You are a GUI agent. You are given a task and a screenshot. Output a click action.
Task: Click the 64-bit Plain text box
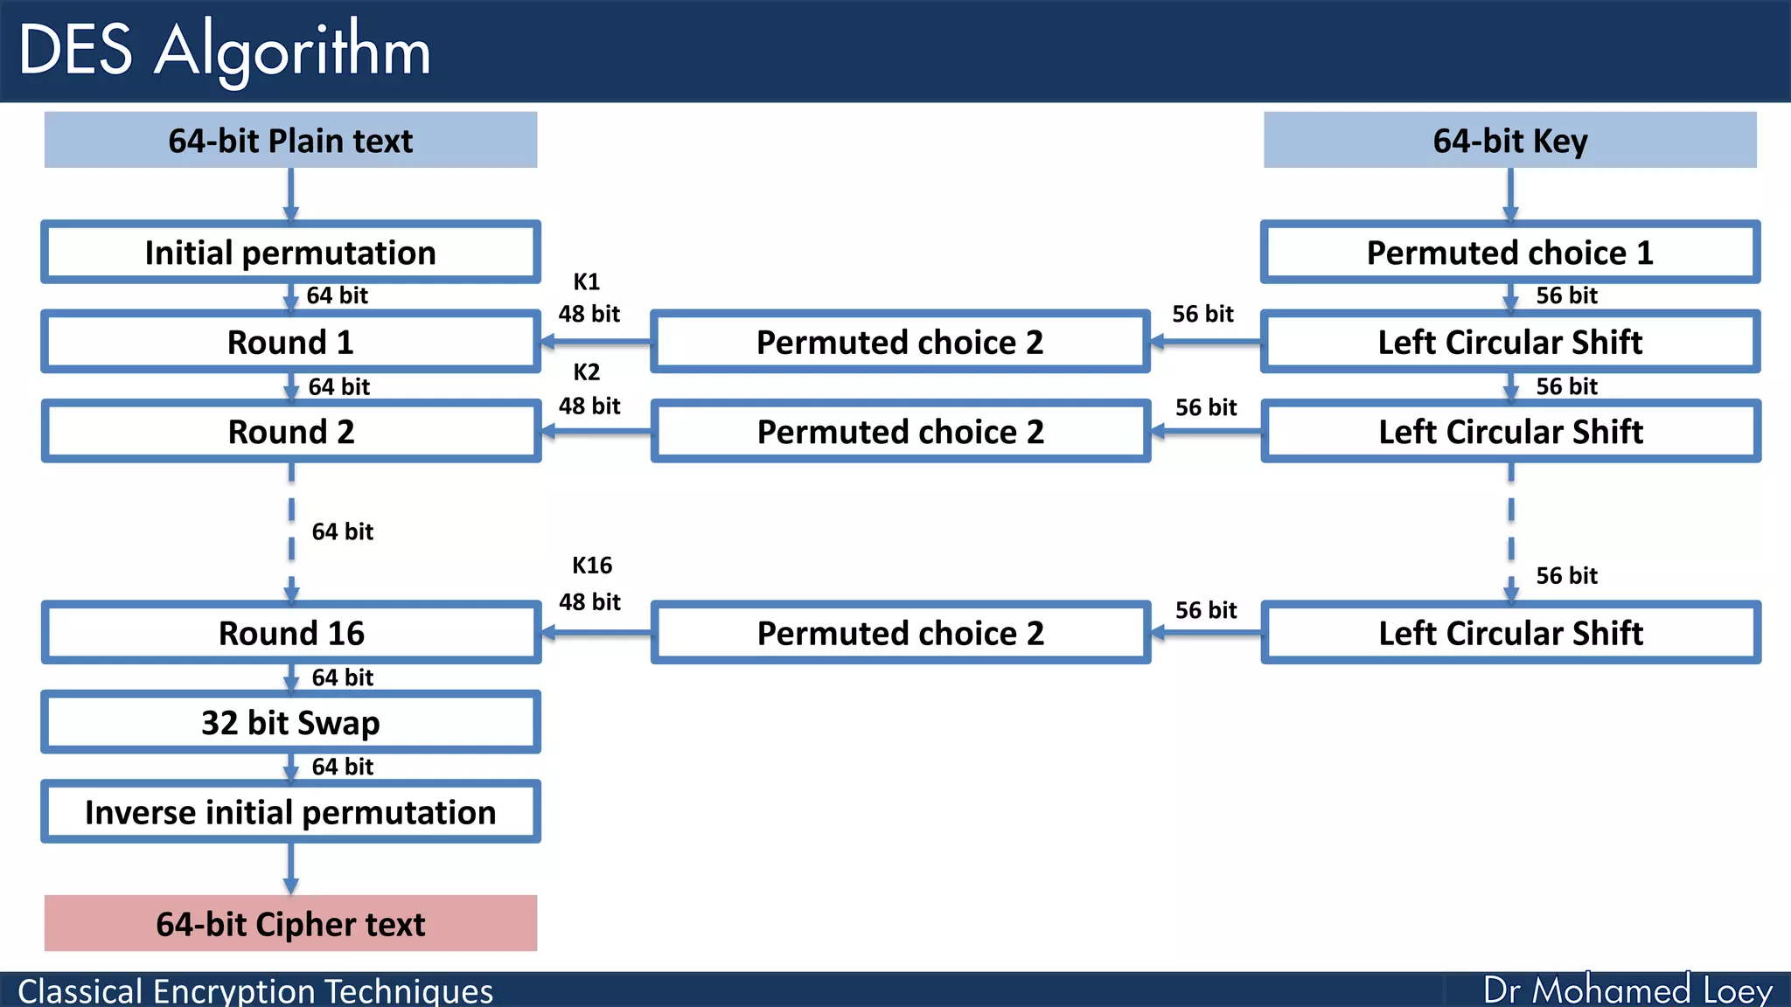(x=290, y=140)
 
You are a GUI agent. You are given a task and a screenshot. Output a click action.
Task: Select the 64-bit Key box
(x=1509, y=140)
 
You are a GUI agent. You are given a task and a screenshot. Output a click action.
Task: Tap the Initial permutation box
(x=290, y=253)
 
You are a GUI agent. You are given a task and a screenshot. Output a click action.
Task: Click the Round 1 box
(x=290, y=342)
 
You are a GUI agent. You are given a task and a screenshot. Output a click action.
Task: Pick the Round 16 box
(x=290, y=633)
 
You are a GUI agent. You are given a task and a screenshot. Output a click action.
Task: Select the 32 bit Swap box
(x=290, y=723)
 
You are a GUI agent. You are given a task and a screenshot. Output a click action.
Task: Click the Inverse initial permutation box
(x=290, y=812)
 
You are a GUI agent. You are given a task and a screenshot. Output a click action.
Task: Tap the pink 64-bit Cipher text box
(x=290, y=924)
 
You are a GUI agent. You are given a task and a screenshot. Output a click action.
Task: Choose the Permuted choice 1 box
(x=1509, y=253)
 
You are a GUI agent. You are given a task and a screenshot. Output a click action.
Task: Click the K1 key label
(x=586, y=282)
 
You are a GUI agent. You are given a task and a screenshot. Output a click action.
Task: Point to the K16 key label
(x=592, y=566)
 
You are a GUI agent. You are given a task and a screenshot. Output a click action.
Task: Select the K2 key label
(x=586, y=372)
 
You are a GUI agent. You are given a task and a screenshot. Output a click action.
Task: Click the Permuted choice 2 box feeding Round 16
(x=900, y=633)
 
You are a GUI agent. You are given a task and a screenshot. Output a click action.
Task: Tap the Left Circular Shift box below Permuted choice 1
(x=1509, y=342)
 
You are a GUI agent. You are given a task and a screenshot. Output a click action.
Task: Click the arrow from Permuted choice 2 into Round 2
(x=596, y=431)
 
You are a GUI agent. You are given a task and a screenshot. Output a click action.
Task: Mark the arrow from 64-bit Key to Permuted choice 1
(x=1509, y=194)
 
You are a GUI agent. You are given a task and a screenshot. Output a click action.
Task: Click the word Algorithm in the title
(x=292, y=51)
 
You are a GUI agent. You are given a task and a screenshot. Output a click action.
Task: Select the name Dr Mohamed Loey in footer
(x=1627, y=990)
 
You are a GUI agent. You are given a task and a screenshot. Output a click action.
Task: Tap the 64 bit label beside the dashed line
(x=342, y=531)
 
